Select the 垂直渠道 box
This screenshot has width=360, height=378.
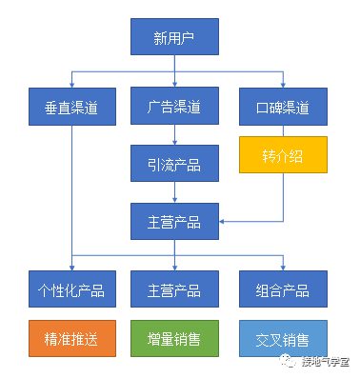click(72, 105)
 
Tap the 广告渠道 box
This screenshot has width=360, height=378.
click(173, 105)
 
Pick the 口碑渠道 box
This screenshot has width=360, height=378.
click(281, 105)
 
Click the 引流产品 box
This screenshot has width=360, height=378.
click(173, 163)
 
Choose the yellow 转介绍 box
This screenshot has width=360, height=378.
click(281, 153)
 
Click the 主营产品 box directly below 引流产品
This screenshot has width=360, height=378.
click(173, 222)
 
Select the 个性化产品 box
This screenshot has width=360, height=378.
click(72, 289)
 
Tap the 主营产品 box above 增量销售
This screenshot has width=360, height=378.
click(173, 289)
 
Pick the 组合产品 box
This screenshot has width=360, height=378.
click(281, 289)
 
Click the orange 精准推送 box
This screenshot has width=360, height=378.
click(72, 338)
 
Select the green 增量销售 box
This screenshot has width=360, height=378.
click(173, 338)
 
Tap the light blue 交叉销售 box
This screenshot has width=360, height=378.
click(281, 338)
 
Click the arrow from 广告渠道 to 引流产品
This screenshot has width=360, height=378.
click(173, 134)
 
